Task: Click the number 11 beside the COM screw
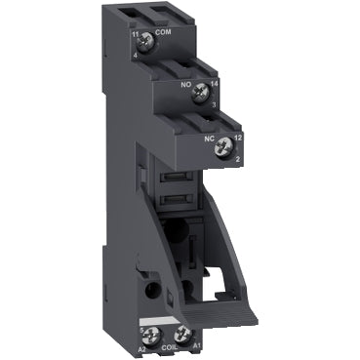pos(133,35)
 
